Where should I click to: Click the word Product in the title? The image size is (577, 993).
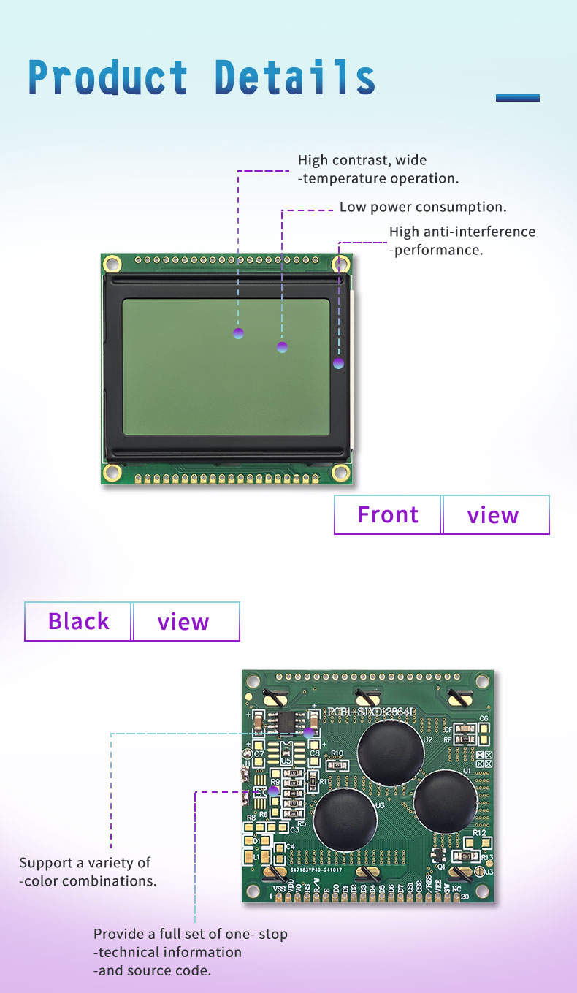108,78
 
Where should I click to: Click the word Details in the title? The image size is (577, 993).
295,78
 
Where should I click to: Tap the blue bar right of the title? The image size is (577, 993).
517,97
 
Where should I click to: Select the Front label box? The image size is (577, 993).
388,515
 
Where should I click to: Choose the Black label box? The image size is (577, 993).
78,621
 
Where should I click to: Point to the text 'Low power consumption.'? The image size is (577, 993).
423,207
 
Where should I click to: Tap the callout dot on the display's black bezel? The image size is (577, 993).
338,363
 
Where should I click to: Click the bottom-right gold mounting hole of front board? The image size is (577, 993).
340,472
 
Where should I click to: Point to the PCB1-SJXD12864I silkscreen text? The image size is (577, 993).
371,712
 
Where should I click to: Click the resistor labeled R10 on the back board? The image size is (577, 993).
338,764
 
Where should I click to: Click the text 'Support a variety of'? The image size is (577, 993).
85,863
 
